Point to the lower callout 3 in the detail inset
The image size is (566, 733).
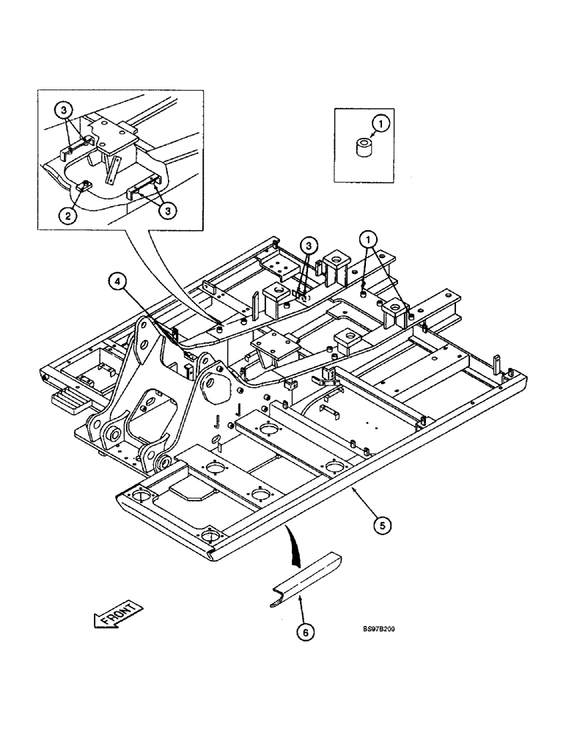(168, 210)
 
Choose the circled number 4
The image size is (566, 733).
(117, 279)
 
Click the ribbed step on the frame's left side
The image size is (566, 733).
(68, 400)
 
